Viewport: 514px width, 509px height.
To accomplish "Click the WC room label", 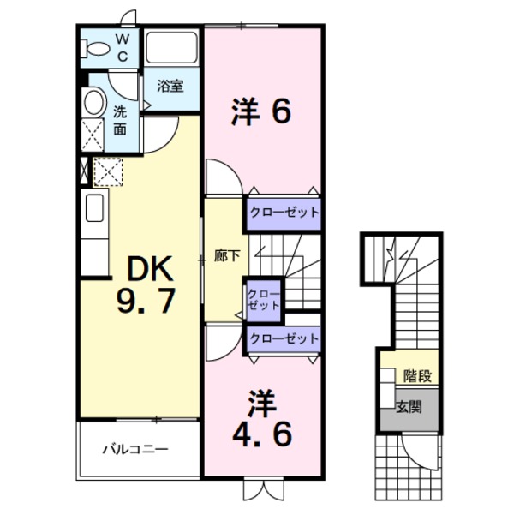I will point(123,48).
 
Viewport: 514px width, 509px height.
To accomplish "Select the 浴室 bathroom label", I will point(171,86).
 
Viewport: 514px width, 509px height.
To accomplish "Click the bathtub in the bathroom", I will point(171,47).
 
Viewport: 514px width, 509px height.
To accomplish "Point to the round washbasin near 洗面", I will point(93,103).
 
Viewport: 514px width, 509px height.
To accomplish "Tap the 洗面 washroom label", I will point(120,120).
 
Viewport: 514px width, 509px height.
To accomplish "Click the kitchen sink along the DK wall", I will point(93,208).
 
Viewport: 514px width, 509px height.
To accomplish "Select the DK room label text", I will point(152,271).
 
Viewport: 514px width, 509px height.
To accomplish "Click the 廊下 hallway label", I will point(225,255).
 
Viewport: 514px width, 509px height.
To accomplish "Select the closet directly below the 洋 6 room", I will point(284,212).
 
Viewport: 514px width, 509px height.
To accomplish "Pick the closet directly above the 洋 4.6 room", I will point(284,338).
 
